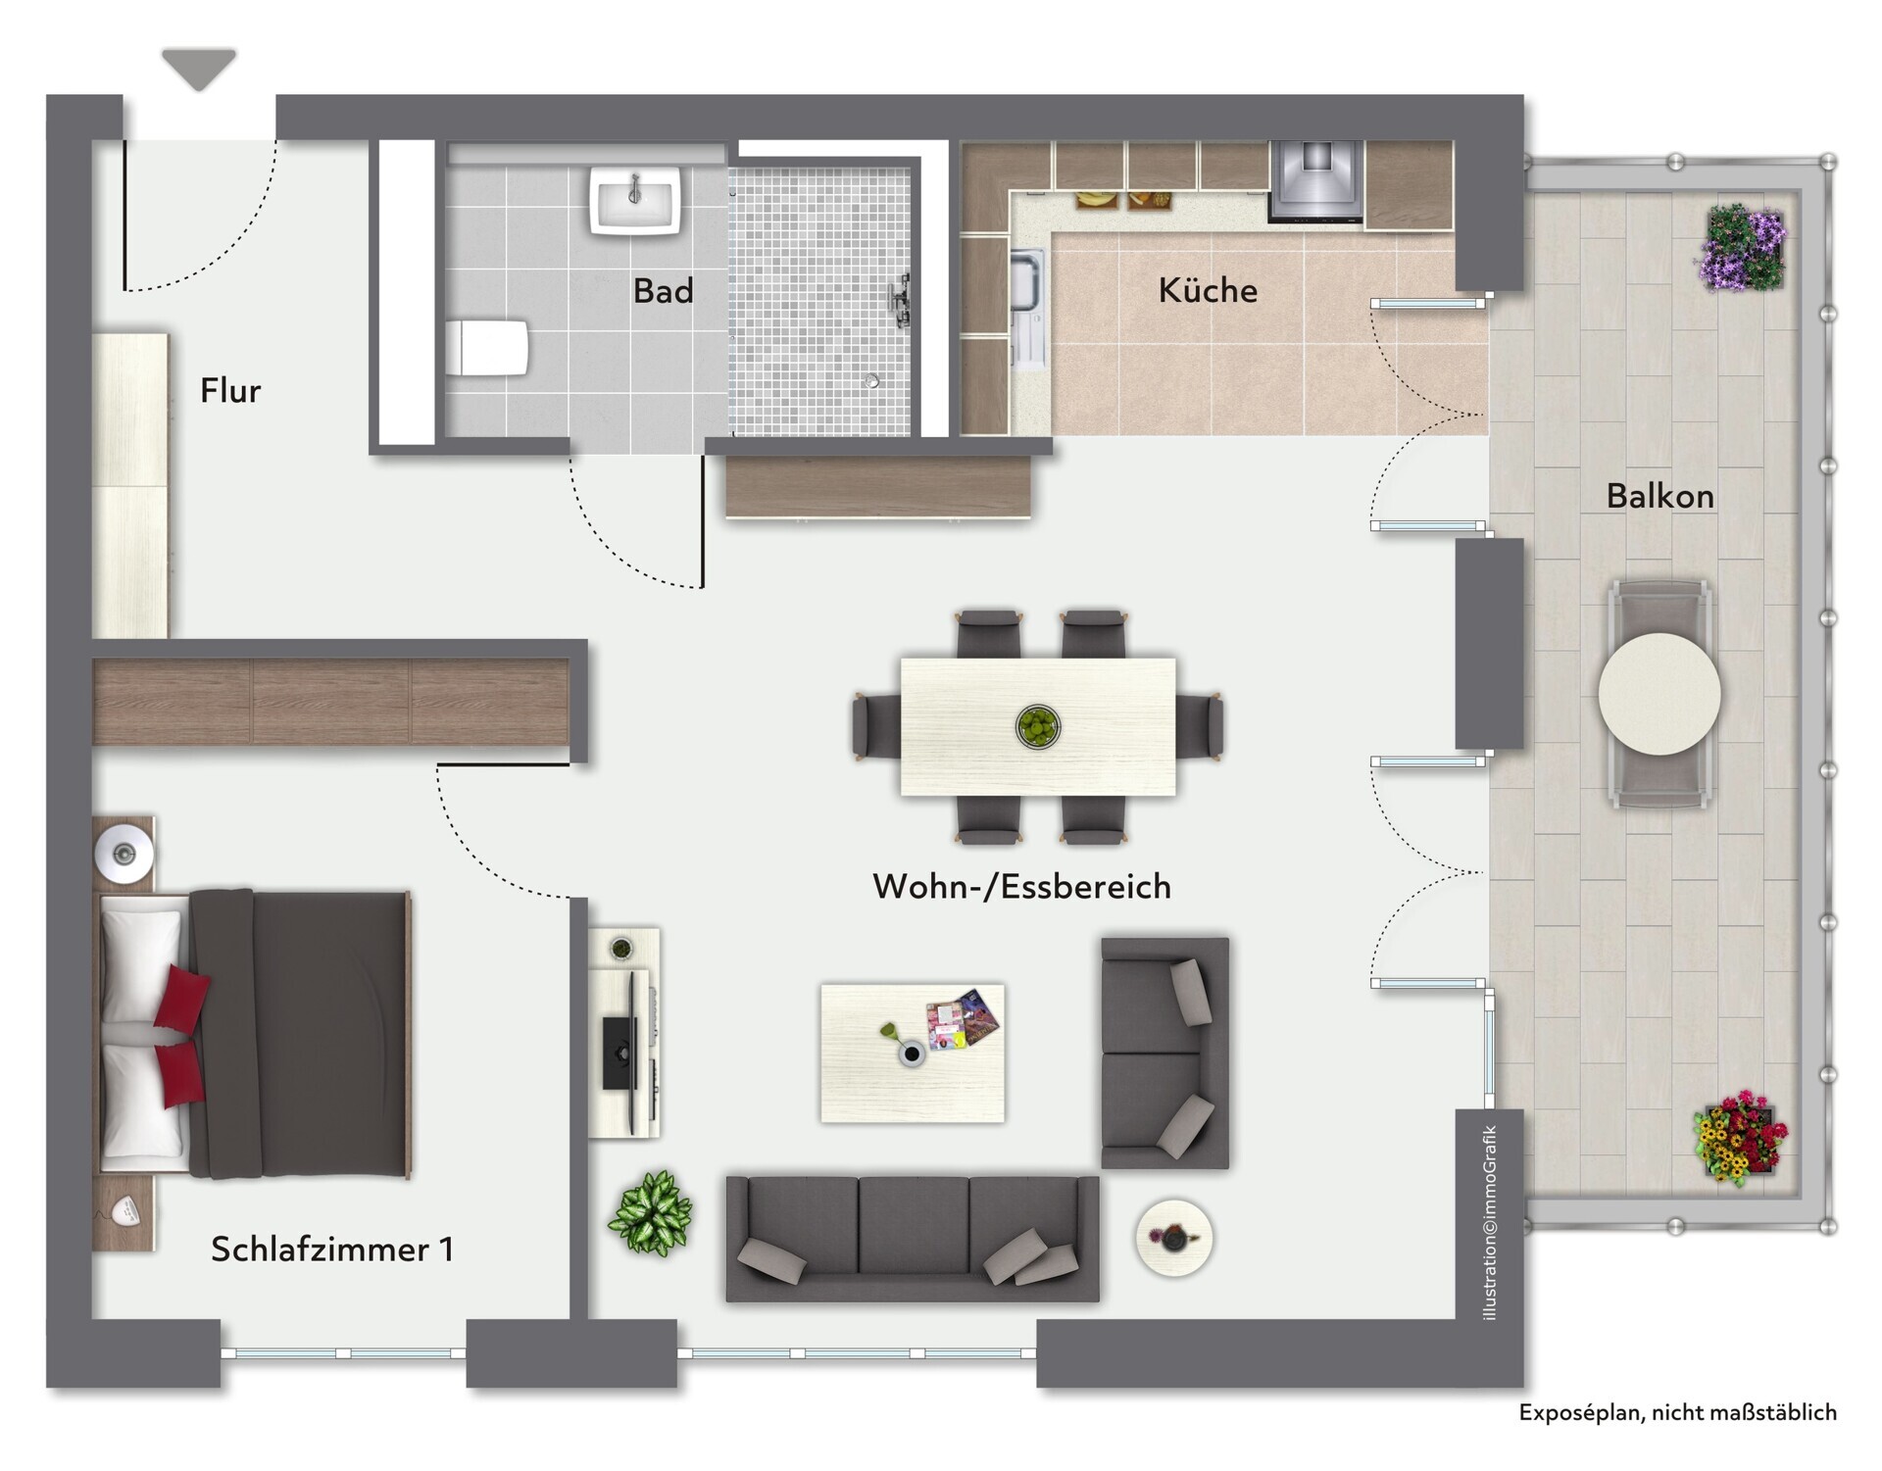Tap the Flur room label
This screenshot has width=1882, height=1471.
tap(230, 390)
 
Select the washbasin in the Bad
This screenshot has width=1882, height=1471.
tap(635, 200)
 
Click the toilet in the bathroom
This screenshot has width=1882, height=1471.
tap(487, 347)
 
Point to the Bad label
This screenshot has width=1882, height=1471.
tap(663, 290)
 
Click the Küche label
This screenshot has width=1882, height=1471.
tap(1208, 290)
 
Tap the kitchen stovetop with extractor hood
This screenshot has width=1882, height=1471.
tap(1315, 180)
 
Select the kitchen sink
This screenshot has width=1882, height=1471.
tap(1027, 309)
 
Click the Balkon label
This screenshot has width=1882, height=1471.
tap(1659, 496)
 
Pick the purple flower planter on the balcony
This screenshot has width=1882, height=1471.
tap(1742, 248)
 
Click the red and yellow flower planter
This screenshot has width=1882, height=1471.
tap(1741, 1138)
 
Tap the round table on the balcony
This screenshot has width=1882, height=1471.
tap(1659, 694)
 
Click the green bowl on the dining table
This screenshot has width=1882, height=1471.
tap(1037, 726)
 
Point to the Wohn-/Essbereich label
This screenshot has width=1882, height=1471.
tap(1021, 886)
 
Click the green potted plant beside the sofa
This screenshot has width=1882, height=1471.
tap(651, 1213)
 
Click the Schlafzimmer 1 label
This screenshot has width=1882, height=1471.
tap(332, 1250)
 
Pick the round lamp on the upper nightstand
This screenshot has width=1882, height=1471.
tap(124, 853)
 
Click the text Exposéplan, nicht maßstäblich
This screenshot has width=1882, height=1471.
tap(1677, 1412)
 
